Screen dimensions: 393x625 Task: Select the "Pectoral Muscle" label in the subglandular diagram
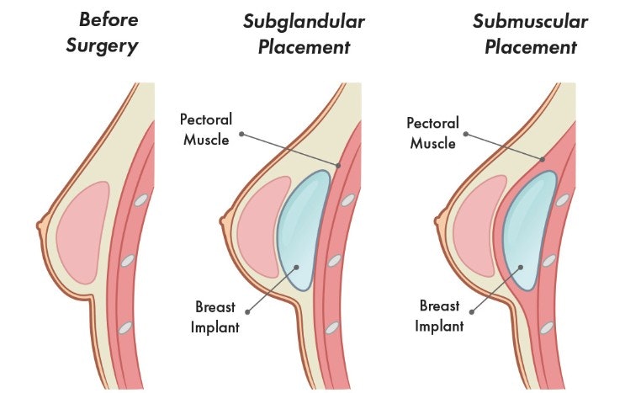(x=204, y=130)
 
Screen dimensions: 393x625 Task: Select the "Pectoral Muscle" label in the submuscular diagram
(x=433, y=132)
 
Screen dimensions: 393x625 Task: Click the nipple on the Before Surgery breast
(x=40, y=226)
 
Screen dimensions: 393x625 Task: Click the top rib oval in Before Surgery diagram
(x=141, y=201)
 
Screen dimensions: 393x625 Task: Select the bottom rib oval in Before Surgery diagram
(x=126, y=326)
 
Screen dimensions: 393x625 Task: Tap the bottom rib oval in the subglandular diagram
(x=333, y=326)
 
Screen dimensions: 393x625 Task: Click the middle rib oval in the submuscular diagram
(x=549, y=262)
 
